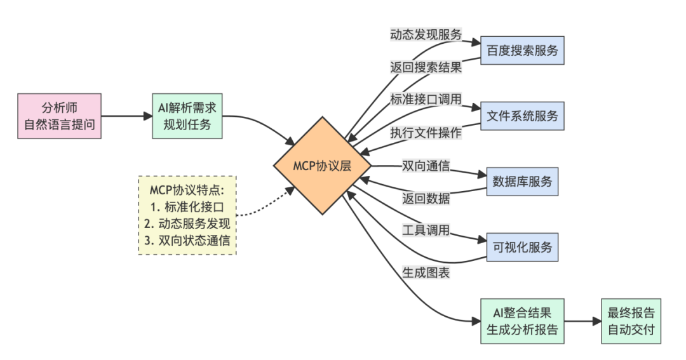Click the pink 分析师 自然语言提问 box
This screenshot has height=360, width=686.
click(x=60, y=116)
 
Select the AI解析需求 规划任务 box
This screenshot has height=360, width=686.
click(x=188, y=116)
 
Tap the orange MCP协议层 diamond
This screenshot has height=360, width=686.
click(x=322, y=166)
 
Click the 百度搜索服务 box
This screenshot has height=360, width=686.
click(x=522, y=50)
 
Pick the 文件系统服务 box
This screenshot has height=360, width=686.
click(x=522, y=116)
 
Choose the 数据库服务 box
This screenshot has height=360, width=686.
click(x=522, y=182)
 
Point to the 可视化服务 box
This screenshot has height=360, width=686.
click(x=522, y=246)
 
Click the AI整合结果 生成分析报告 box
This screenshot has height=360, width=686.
click(x=522, y=321)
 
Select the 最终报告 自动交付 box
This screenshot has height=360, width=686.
click(x=631, y=321)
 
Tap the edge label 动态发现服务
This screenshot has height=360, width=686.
click(x=426, y=34)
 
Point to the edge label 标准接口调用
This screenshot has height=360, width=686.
click(x=426, y=100)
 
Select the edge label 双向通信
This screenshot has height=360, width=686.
click(x=426, y=166)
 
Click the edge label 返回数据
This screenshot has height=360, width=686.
click(x=426, y=198)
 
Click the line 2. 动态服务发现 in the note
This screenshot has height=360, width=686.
click(x=187, y=223)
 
